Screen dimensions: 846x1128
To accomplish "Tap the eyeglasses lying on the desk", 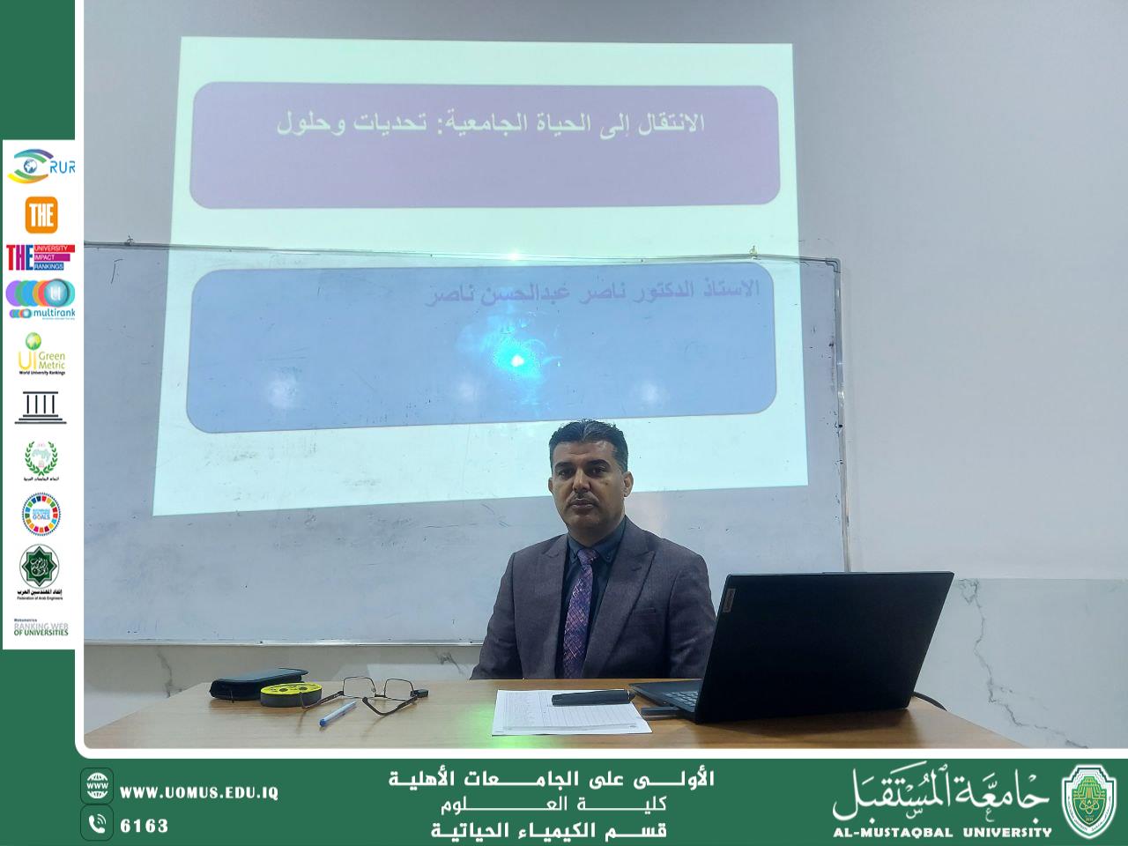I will coord(382,692).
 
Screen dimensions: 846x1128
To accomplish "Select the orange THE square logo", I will coord(41,214).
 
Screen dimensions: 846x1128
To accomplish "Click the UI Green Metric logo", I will coord(41,353).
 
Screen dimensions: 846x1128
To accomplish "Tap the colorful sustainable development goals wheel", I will coord(41,513).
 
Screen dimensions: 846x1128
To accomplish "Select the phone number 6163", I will coord(144,826).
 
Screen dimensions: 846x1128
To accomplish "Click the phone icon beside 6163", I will coord(97,824).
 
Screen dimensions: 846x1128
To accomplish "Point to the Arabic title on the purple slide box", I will coord(490,124).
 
